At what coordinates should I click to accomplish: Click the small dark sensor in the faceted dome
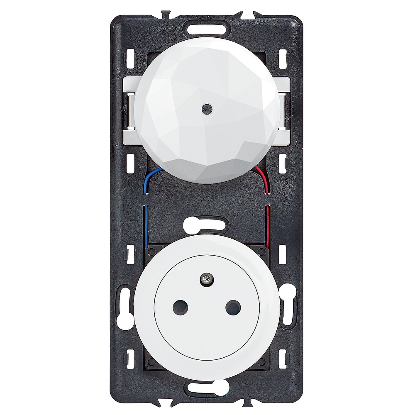206,109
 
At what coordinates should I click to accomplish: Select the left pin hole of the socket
180,308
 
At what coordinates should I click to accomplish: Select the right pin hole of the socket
233,308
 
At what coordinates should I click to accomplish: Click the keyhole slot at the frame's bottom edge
207,388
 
